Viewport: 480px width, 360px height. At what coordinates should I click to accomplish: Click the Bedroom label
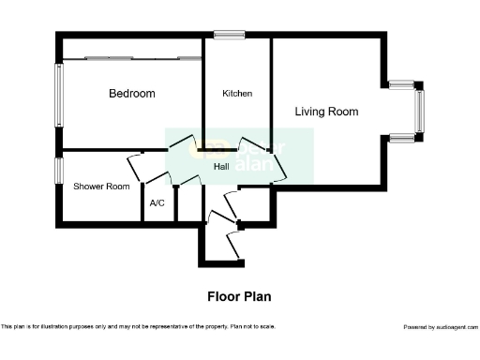[x=131, y=94]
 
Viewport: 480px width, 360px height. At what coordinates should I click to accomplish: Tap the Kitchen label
[x=237, y=94]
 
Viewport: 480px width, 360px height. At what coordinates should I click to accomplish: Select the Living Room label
[x=326, y=112]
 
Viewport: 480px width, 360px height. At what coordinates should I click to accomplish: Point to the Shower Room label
[x=101, y=187]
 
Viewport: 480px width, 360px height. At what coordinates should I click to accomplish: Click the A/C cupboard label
[x=157, y=202]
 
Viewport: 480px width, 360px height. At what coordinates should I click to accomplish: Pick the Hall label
[x=222, y=167]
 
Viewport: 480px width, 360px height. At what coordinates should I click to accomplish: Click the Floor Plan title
[x=239, y=296]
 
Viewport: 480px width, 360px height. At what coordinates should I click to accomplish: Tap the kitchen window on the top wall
[x=229, y=36]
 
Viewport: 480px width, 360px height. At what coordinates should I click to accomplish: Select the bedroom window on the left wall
[x=58, y=95]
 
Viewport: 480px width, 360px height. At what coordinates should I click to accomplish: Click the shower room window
[x=58, y=171]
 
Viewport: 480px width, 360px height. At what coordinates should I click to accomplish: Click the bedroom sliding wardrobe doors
[x=131, y=58]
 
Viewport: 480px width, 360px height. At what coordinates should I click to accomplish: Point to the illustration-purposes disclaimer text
[x=138, y=327]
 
